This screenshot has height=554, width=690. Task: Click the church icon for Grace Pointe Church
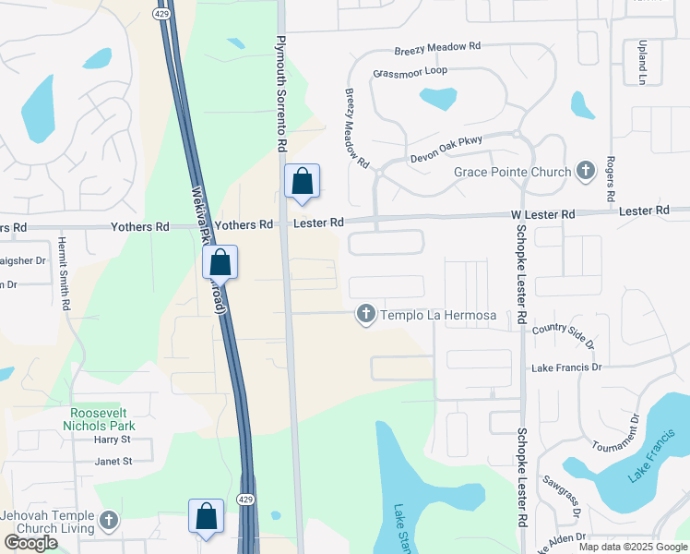point(585,171)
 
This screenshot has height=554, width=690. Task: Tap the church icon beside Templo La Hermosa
point(365,315)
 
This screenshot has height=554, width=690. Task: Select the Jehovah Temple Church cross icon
point(109,521)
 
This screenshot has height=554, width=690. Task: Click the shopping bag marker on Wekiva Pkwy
point(220,262)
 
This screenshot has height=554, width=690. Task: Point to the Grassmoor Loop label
point(410,71)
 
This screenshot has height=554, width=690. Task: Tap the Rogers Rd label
point(610,179)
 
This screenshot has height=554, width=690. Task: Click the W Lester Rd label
point(543,213)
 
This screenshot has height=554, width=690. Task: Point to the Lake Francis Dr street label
point(565,367)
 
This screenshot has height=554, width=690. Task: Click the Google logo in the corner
point(31,543)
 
